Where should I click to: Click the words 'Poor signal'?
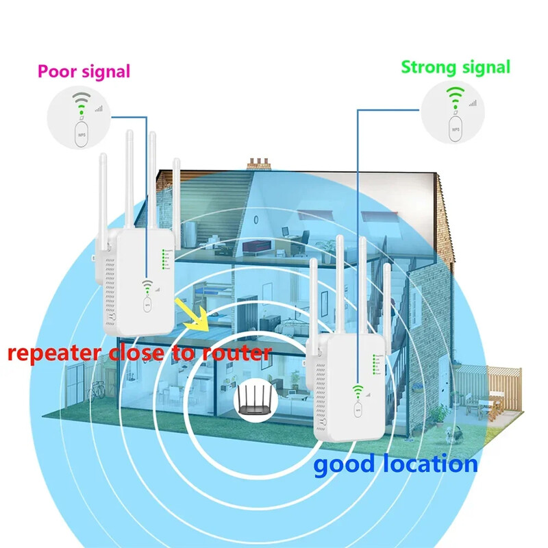84,71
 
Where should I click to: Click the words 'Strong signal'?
456,67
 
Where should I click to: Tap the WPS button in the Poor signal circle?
82,133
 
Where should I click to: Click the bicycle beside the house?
96,389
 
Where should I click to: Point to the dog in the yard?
450,433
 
